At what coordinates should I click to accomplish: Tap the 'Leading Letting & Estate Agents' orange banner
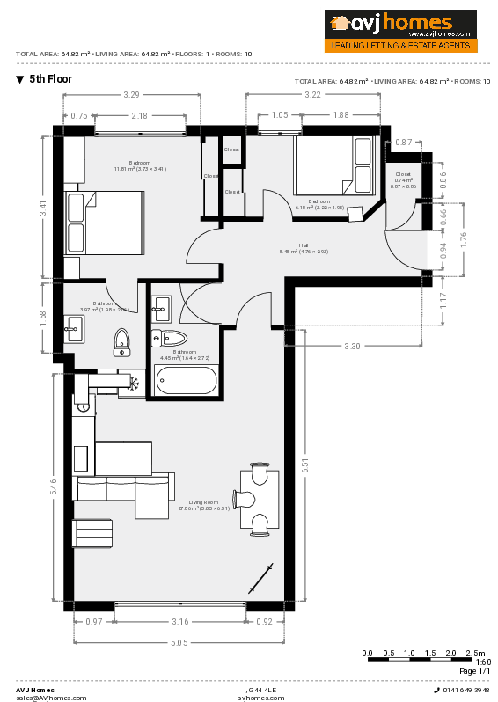(401, 44)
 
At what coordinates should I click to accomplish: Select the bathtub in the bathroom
(187, 381)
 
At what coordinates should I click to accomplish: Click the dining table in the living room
(260, 499)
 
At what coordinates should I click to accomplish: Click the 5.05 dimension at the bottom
(179, 643)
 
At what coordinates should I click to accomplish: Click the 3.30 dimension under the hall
(352, 346)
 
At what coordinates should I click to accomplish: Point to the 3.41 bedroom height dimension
(42, 208)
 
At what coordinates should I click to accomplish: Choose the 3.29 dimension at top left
(131, 94)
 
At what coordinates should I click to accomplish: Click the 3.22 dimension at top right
(311, 94)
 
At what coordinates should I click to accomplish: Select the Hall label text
(304, 245)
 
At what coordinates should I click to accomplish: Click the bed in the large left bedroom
(104, 223)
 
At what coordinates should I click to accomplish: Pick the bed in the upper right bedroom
(333, 165)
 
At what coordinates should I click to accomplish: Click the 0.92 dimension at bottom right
(264, 622)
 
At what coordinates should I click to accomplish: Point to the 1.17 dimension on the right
(443, 301)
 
